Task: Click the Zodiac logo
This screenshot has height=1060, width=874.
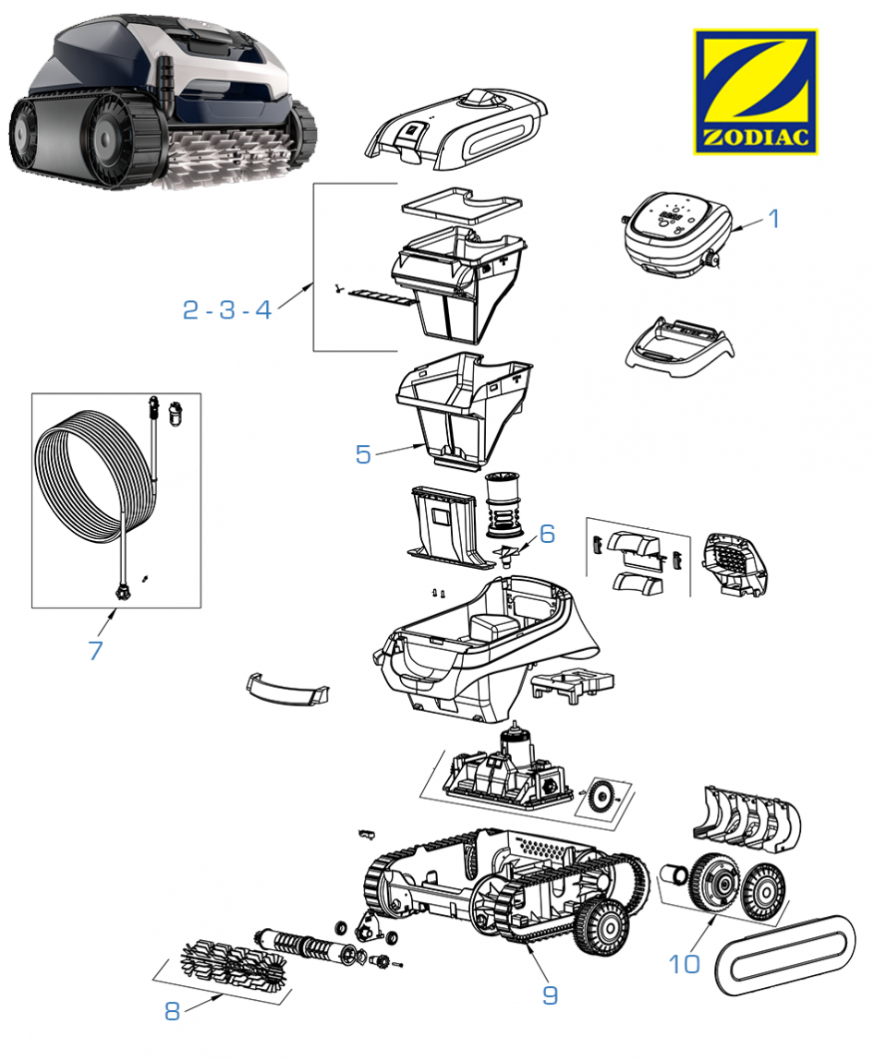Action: pyautogui.click(x=755, y=91)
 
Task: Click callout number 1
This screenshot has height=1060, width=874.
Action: pyautogui.click(x=774, y=220)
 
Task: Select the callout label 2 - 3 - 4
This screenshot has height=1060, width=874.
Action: pyautogui.click(x=227, y=310)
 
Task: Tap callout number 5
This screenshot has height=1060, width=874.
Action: pyautogui.click(x=363, y=454)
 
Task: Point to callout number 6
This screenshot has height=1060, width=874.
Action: pyautogui.click(x=547, y=535)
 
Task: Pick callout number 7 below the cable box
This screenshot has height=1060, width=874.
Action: pyautogui.click(x=95, y=649)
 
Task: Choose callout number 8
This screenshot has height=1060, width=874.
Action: pyautogui.click(x=172, y=1011)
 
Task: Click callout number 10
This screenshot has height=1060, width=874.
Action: pyautogui.click(x=685, y=963)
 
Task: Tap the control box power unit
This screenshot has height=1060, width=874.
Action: pyautogui.click(x=677, y=232)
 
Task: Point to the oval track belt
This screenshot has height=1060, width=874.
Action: pyautogui.click(x=785, y=952)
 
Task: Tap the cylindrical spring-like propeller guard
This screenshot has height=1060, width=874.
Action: pyautogui.click(x=504, y=504)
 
